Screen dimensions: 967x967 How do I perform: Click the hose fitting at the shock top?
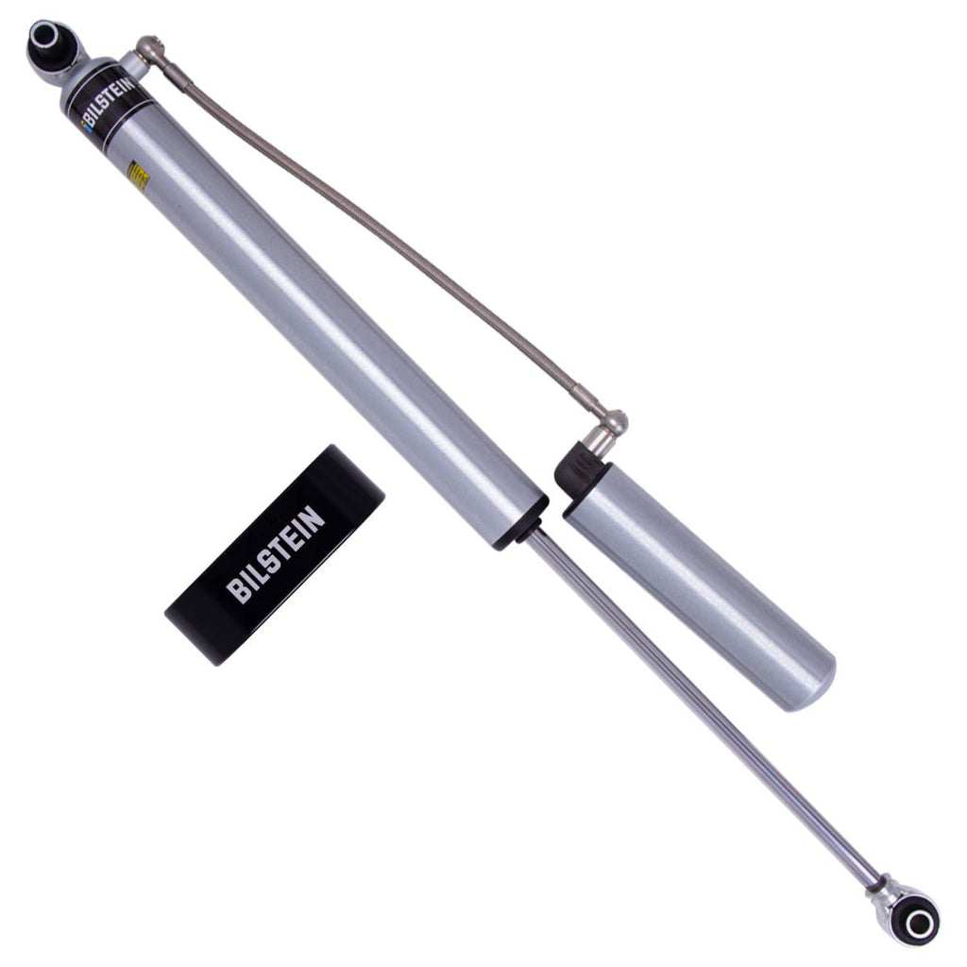click(x=149, y=47)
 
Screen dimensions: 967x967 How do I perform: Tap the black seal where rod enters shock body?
click(x=522, y=523)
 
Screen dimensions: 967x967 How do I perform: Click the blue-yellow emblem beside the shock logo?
click(x=87, y=130)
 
